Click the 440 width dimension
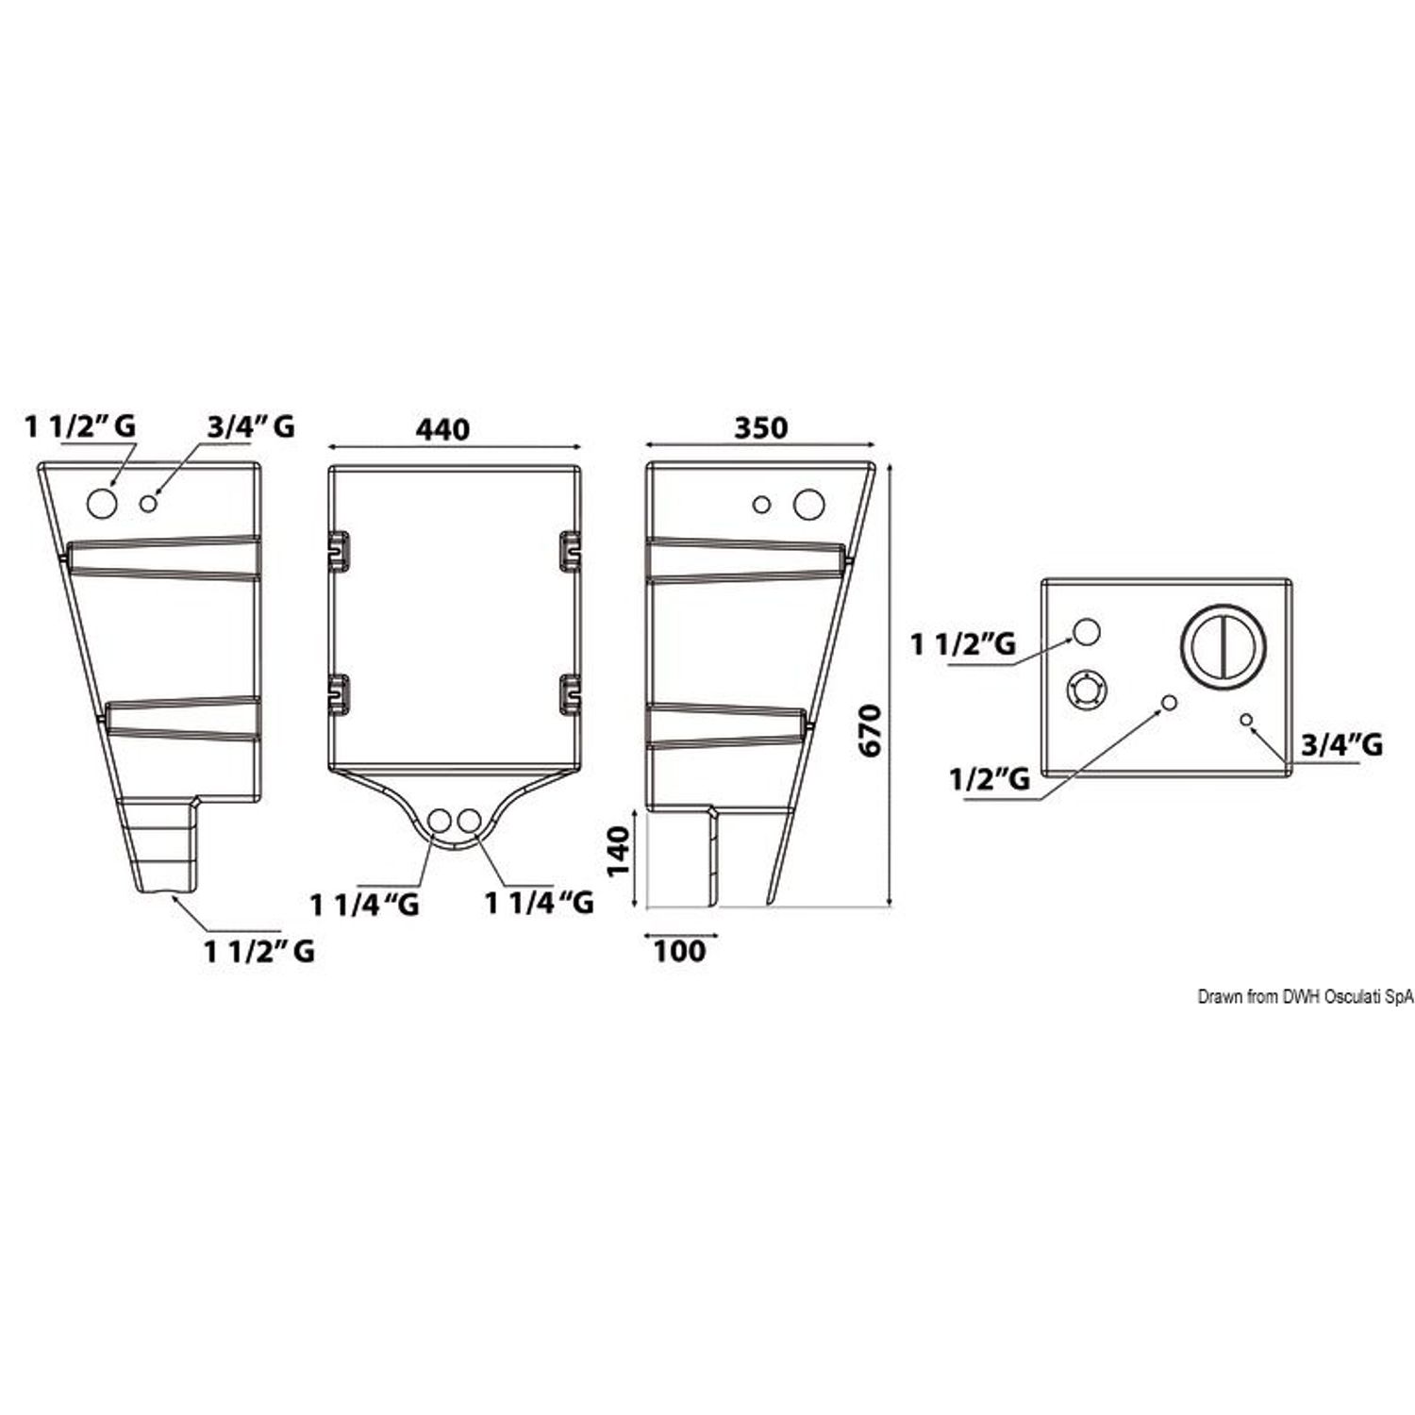pos(442,429)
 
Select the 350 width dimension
pos(760,427)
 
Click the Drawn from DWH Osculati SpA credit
pos(1306,996)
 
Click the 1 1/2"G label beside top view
pos(962,644)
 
